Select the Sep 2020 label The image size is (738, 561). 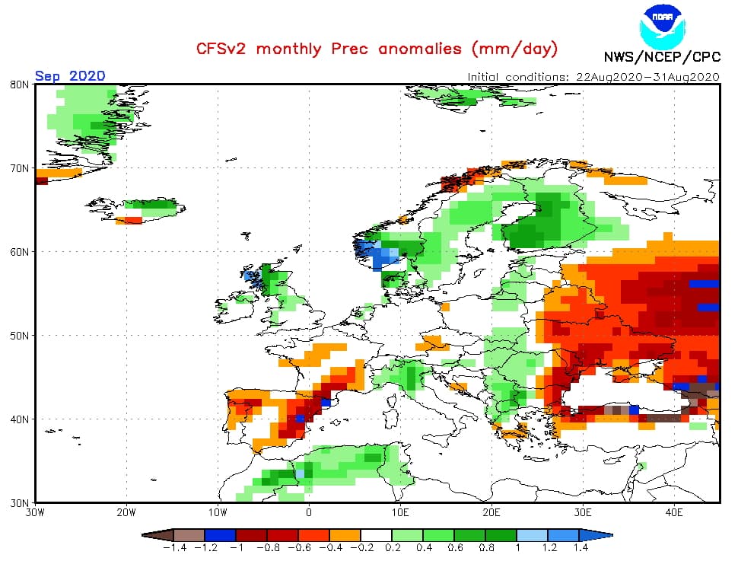pos(69,75)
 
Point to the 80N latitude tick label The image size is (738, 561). pos(21,84)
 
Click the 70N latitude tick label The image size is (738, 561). pos(21,168)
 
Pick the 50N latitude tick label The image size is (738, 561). pos(21,336)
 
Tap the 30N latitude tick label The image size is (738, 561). pos(21,503)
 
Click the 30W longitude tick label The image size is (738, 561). pos(36,512)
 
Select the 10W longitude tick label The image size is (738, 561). pos(218,512)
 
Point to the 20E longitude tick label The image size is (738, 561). pos(491,512)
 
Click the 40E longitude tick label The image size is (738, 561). pos(673,512)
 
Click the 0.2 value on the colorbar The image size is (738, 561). pos(393,547)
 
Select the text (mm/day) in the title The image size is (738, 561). pos(515,49)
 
